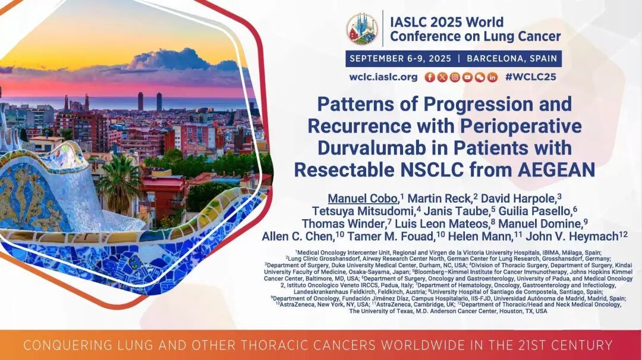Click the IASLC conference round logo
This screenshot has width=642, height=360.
(x=362, y=29)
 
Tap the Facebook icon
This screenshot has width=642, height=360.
(x=430, y=77)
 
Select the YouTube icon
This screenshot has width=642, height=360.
(x=467, y=77)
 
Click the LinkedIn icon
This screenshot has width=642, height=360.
(x=493, y=77)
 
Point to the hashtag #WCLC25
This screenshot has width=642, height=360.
(x=531, y=77)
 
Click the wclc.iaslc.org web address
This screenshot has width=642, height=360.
(x=383, y=77)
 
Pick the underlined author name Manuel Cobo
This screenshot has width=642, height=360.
(x=363, y=198)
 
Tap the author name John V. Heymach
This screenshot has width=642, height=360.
(x=572, y=236)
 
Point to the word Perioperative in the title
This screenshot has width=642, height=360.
(x=521, y=126)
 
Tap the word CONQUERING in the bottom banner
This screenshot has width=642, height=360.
(x=68, y=345)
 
